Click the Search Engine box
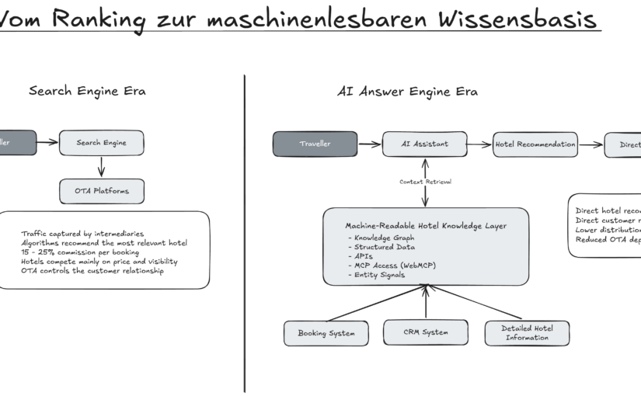[x=102, y=143]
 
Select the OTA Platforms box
[x=102, y=191]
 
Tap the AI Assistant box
[x=425, y=144]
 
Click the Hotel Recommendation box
[x=535, y=144]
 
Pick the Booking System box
[x=326, y=333]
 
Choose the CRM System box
[x=426, y=332]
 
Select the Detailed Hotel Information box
[x=527, y=333]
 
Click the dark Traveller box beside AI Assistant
[x=315, y=144]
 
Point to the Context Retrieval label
[x=425, y=182]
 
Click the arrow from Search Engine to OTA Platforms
[x=102, y=167]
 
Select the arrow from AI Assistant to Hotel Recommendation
[x=481, y=144]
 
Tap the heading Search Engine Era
[x=87, y=91]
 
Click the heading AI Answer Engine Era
[x=407, y=92]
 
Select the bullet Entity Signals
[x=380, y=275]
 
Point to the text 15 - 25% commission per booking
[x=80, y=252]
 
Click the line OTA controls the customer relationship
[x=92, y=271]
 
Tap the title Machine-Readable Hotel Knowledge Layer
[x=426, y=226]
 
